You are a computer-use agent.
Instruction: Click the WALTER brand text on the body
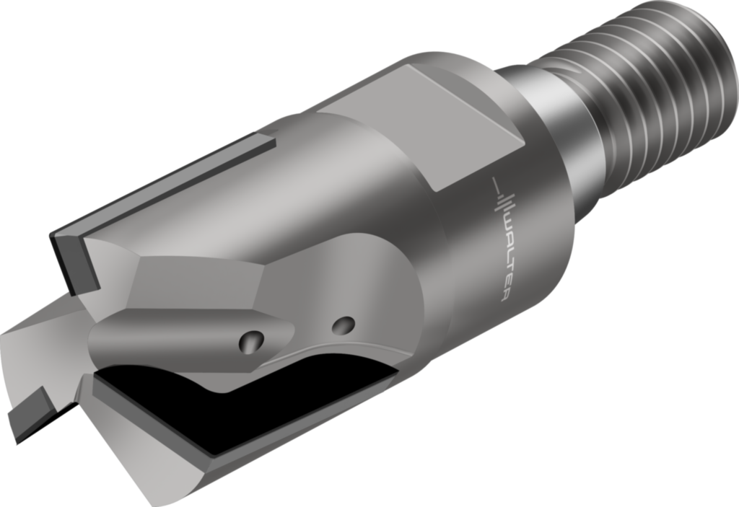pos(503,256)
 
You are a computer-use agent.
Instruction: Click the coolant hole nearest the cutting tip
pos(253,340)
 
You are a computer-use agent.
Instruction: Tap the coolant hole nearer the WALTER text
pos(344,327)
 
